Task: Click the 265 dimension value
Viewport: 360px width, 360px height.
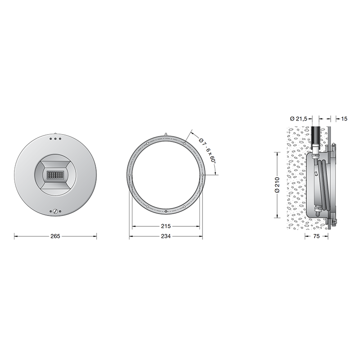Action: click(x=55, y=236)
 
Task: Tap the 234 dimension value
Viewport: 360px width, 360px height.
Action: click(x=166, y=236)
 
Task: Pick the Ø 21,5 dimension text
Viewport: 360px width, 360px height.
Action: click(x=298, y=118)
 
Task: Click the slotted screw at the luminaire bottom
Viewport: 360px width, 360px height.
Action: click(x=55, y=211)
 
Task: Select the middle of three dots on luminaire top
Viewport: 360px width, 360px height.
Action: click(x=55, y=139)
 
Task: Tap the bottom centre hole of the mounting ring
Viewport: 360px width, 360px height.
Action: click(x=166, y=211)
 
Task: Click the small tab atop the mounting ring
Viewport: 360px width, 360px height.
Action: click(x=166, y=134)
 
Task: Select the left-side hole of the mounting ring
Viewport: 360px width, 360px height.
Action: click(x=130, y=175)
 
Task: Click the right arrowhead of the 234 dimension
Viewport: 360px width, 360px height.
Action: click(x=202, y=236)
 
